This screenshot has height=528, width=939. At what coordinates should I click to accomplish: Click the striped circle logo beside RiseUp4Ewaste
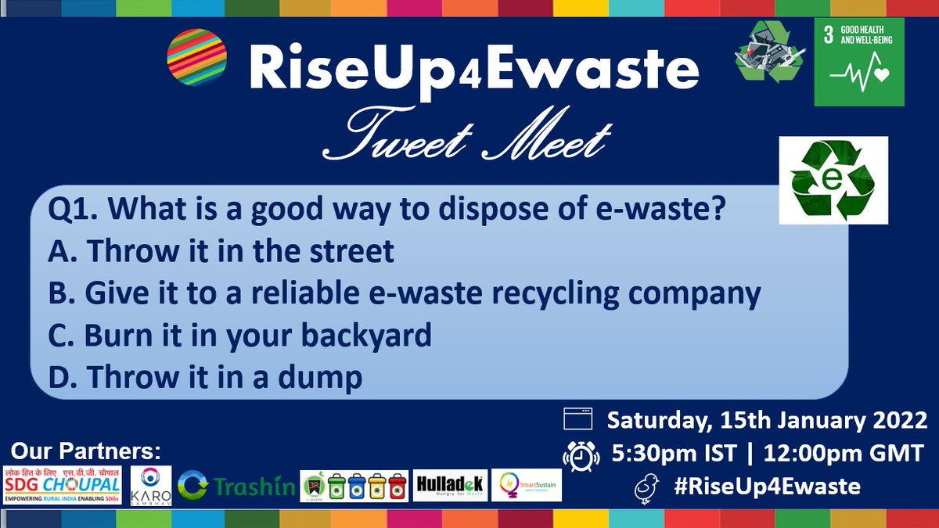[197, 56]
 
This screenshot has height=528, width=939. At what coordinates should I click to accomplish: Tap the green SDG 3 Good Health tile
[859, 62]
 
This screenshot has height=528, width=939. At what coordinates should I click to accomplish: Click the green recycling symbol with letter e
[833, 180]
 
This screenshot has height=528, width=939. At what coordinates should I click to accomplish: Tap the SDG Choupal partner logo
[62, 484]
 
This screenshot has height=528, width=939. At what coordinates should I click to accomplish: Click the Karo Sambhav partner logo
[150, 485]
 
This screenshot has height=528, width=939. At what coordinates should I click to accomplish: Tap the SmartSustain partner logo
[526, 486]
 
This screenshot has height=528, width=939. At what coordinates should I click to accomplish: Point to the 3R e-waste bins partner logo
[356, 486]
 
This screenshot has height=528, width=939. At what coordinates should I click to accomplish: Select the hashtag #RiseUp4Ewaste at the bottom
[768, 487]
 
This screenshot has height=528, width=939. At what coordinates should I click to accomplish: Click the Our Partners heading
[85, 451]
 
